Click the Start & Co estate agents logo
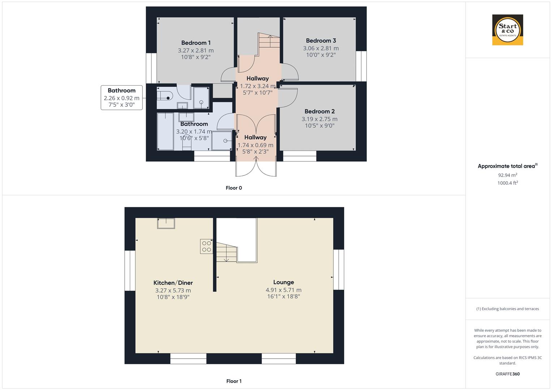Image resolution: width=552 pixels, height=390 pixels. click(508, 30)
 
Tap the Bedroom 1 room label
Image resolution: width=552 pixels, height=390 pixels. click(196, 43)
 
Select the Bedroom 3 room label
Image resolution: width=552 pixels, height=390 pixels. click(321, 41)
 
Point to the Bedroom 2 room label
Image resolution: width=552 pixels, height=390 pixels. click(320, 112)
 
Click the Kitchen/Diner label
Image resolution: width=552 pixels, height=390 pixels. click(173, 283)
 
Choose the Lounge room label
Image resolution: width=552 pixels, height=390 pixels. click(283, 282)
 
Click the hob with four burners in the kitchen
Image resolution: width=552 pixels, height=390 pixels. click(206, 246)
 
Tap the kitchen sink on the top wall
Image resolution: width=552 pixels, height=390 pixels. click(166, 223)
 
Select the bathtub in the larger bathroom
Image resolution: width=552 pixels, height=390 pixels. click(165, 131)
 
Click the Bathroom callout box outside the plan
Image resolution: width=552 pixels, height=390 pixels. click(121, 97)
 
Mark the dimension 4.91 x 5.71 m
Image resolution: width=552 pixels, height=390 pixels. click(283, 290)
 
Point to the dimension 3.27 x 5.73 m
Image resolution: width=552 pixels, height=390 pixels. click(173, 290)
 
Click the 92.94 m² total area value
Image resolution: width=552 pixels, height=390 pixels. click(507, 175)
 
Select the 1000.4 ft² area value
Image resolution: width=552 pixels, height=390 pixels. click(507, 183)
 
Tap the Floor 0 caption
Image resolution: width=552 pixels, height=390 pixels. click(234, 188)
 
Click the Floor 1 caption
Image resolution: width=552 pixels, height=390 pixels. click(234, 381)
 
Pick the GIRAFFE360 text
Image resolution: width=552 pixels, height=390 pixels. click(507, 374)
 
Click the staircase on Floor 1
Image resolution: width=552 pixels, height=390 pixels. click(226, 252)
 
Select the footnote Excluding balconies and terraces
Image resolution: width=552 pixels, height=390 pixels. click(507, 309)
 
